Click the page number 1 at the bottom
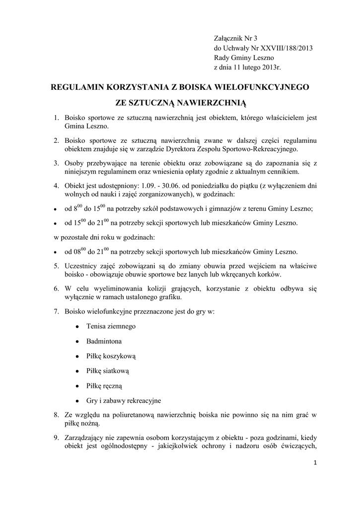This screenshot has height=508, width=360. (x=315, y=463)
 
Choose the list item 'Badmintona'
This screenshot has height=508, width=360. (x=104, y=341)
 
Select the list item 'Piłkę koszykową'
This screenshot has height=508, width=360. (x=111, y=356)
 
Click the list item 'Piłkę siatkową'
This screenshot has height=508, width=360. (x=107, y=371)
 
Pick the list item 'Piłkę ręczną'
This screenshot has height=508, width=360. (x=104, y=385)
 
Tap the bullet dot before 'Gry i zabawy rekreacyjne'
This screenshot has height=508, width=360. (x=77, y=401)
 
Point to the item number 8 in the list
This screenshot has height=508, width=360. (x=56, y=414)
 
